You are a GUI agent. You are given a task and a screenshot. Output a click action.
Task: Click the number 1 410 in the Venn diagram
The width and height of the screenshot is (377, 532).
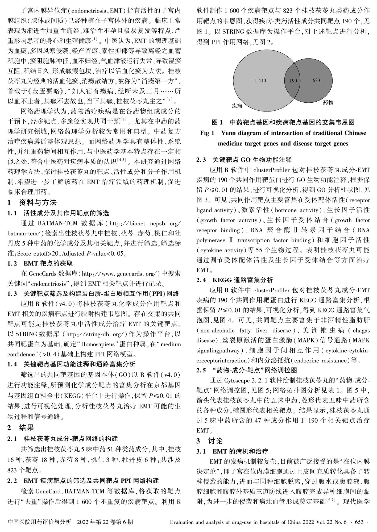coord(260,81)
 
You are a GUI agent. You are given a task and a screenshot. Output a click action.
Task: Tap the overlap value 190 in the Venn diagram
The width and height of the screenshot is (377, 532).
coord(293,81)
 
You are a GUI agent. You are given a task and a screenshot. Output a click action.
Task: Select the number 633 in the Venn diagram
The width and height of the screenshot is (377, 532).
coord(316,80)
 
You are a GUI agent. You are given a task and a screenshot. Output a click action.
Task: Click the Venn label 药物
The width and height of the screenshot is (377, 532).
coord(328,102)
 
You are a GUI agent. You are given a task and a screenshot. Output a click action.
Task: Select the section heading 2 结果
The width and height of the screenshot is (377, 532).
coord(20,428)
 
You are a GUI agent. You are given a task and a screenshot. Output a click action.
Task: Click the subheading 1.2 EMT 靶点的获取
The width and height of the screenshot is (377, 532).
coord(40,263)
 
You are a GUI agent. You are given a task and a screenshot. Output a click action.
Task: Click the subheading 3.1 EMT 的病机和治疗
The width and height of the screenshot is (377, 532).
coord(232,451)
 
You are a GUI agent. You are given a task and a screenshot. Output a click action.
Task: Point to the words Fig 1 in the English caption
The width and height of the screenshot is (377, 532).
coord(207,133)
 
